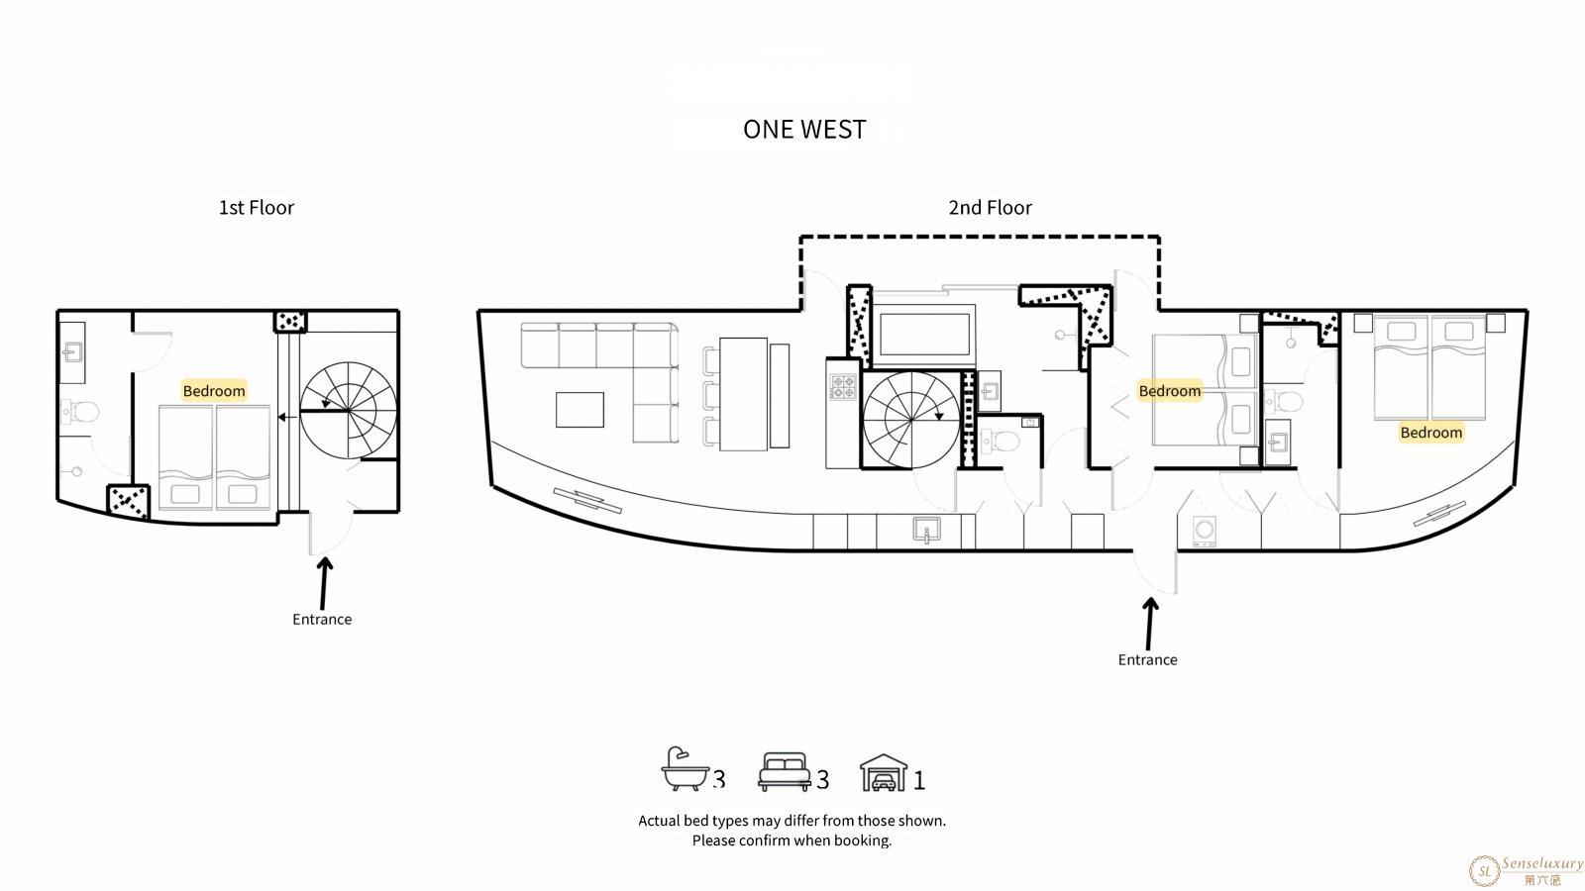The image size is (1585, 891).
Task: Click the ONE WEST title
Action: tap(803, 130)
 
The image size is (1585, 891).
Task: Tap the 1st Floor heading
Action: tap(257, 207)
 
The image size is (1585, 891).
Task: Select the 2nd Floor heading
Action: tap(990, 207)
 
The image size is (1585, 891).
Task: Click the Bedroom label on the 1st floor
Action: tap(214, 390)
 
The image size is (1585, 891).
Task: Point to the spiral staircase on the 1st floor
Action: tap(348, 411)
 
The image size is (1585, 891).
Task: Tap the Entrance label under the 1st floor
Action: tap(322, 619)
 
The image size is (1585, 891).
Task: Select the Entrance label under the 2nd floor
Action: tap(1147, 659)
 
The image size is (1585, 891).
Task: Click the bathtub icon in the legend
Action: tap(685, 768)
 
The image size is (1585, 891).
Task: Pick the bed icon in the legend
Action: tap(784, 771)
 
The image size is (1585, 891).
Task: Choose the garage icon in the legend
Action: tap(884, 772)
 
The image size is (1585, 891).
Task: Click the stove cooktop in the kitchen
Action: tap(843, 387)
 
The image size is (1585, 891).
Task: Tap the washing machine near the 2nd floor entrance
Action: tap(1204, 530)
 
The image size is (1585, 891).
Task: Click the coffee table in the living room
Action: tap(580, 410)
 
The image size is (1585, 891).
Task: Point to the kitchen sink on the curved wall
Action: tap(926, 530)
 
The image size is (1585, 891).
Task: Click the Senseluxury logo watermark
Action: tap(1526, 870)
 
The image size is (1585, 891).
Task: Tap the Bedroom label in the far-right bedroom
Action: tap(1430, 432)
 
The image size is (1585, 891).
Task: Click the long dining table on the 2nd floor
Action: tap(744, 394)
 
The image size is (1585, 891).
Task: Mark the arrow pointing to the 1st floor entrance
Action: tap(324, 583)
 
